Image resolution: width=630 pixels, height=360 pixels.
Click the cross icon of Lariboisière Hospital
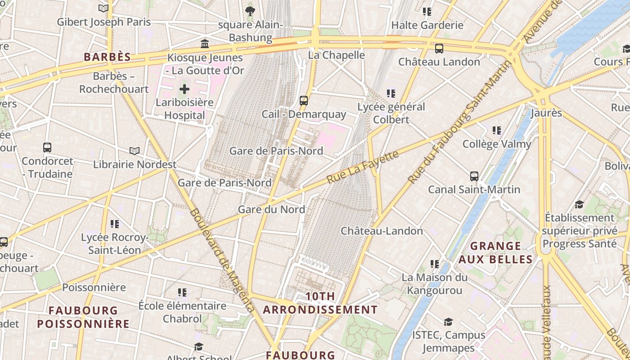click(x=184, y=89)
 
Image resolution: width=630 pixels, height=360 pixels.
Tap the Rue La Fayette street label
click(x=363, y=167)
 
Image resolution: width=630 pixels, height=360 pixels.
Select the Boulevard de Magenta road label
click(x=223, y=260)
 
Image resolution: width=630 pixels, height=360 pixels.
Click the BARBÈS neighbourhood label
click(x=108, y=57)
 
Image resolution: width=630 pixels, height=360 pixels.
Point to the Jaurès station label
click(x=546, y=112)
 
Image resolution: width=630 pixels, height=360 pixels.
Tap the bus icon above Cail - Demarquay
click(x=304, y=100)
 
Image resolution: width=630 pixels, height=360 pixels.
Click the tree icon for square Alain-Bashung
click(x=250, y=10)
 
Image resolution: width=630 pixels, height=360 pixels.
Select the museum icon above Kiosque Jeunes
click(x=205, y=44)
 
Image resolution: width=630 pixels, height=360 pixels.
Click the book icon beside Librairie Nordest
click(x=134, y=151)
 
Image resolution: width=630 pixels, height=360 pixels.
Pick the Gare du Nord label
click(x=271, y=209)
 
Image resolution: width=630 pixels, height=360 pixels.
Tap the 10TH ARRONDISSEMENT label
click(x=320, y=303)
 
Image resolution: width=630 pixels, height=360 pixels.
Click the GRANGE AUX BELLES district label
click(x=496, y=252)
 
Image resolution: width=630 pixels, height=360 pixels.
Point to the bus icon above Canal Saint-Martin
click(x=474, y=176)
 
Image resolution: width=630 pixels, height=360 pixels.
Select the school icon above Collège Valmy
click(x=496, y=130)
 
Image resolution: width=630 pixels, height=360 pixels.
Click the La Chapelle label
click(x=336, y=55)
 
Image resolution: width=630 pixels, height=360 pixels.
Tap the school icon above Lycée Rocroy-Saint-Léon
click(x=114, y=224)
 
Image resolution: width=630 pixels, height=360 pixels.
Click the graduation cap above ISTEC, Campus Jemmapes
click(x=448, y=322)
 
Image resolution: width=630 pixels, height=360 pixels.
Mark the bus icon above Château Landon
click(x=439, y=48)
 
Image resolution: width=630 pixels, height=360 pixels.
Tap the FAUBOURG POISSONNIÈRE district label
click(x=83, y=317)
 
